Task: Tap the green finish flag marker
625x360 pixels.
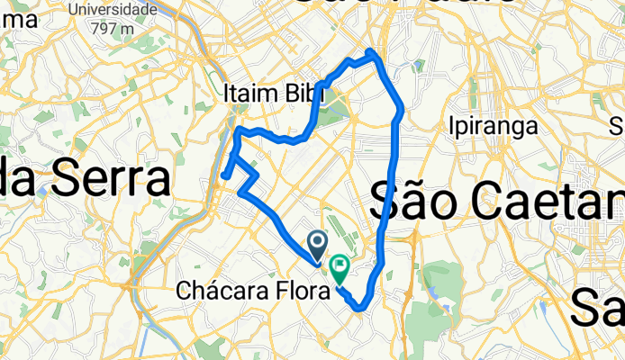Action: (x=340, y=266)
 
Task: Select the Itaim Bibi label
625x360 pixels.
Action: (x=266, y=93)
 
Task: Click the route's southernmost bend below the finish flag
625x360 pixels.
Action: (x=360, y=309)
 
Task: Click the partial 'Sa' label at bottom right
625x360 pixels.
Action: (x=599, y=311)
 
